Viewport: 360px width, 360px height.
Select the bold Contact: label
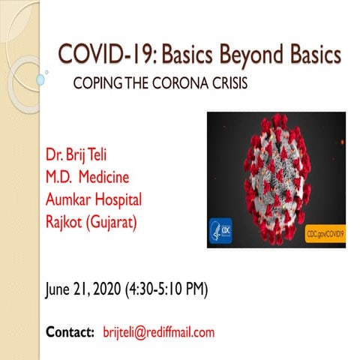tap(70, 331)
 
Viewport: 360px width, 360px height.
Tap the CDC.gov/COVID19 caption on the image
tap(324, 234)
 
